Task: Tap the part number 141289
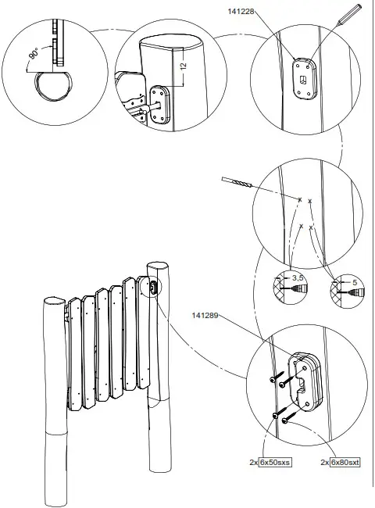(203, 316)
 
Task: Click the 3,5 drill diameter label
(295, 277)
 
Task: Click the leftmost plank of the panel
(76, 352)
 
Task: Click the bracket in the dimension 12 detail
(159, 106)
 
